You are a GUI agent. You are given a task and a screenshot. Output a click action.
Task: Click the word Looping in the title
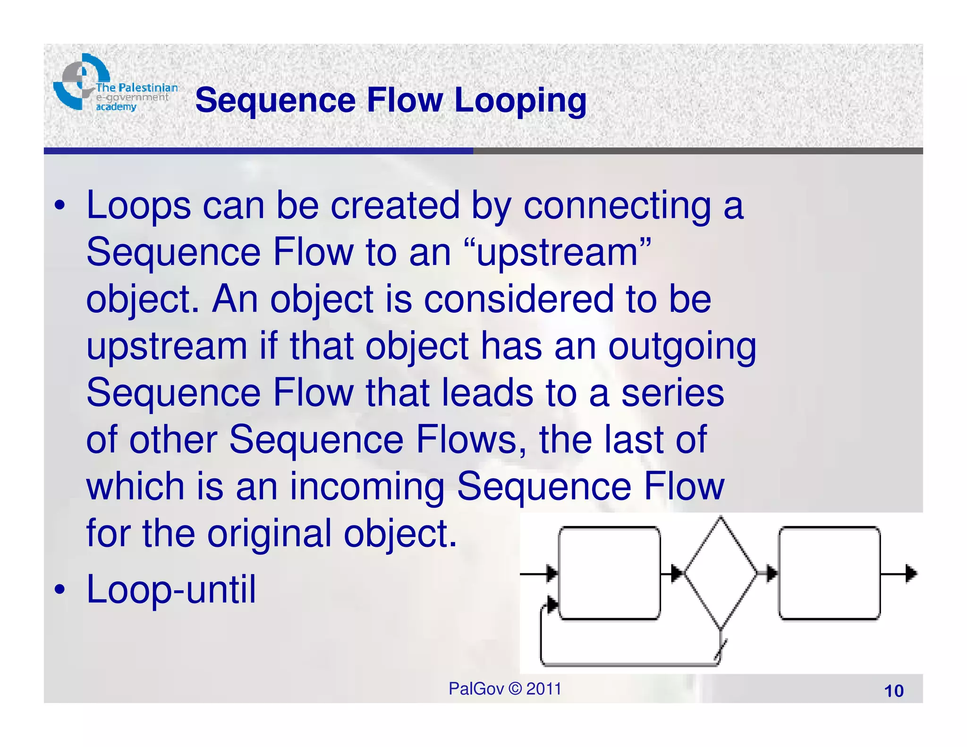[520, 101]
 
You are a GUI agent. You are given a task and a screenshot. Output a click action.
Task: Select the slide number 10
[893, 691]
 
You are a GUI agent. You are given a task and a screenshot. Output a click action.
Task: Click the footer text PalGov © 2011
[505, 689]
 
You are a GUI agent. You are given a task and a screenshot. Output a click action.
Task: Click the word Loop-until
[171, 590]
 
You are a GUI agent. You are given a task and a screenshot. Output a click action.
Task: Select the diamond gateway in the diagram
[720, 573]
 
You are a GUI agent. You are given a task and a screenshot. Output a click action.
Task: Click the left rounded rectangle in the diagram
[609, 573]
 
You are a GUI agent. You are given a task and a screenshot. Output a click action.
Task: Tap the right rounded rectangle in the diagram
[829, 573]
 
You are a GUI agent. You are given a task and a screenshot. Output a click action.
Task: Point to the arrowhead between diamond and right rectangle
[772, 574]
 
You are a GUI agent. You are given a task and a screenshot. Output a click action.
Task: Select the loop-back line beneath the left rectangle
[628, 664]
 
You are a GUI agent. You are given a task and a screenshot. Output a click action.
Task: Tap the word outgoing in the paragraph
[682, 347]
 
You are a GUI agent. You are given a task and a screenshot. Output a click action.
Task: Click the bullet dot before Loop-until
[59, 590]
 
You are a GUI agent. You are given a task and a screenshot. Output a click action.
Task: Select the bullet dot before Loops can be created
[59, 206]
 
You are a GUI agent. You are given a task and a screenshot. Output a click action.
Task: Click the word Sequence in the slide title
[275, 101]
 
